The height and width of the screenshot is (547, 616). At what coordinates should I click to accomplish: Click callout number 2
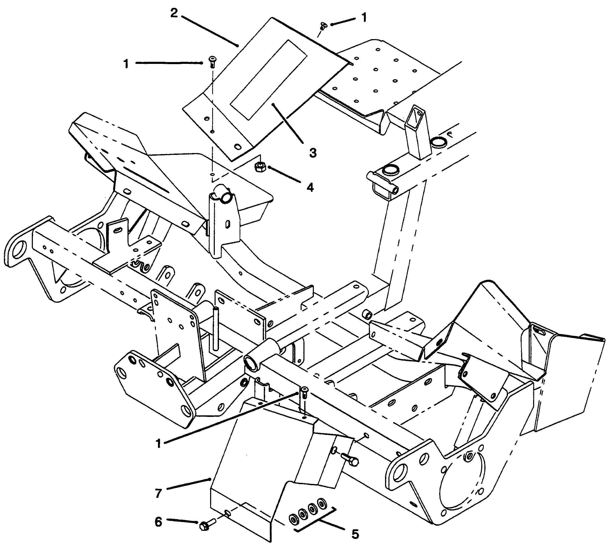click(x=174, y=13)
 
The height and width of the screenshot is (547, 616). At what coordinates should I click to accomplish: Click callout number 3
click(x=313, y=153)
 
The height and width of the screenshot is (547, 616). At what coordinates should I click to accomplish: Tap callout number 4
click(x=310, y=187)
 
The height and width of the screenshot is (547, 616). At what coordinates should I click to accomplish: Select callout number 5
click(x=355, y=534)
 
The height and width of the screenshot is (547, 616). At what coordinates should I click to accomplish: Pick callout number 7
click(x=158, y=493)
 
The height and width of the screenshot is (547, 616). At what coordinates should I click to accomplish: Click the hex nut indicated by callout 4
click(x=259, y=167)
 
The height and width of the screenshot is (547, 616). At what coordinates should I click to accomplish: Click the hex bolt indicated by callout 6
click(x=206, y=525)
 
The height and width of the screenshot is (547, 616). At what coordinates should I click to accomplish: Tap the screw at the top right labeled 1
click(x=323, y=26)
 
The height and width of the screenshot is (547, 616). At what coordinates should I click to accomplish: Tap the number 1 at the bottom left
click(x=158, y=444)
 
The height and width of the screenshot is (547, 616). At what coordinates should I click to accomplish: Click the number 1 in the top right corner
click(x=364, y=18)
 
